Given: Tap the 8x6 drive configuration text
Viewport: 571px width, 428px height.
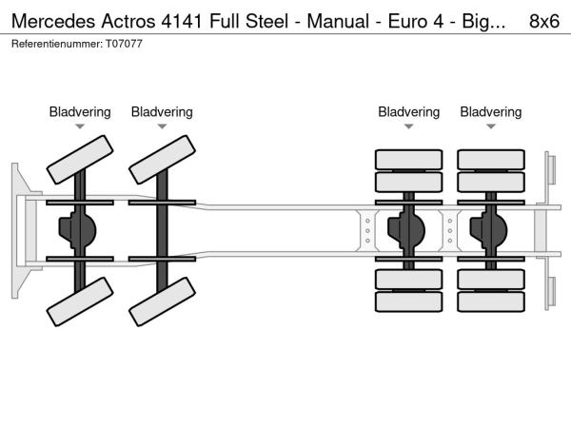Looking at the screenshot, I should pos(543,18).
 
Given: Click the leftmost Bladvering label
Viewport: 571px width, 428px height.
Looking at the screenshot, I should pos(80,112).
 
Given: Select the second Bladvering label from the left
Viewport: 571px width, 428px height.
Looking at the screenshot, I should pos(162,112).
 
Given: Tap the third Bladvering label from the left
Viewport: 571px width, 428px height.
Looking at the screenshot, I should pos(409,112).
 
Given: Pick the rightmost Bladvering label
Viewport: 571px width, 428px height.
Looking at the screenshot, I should pos(491,112).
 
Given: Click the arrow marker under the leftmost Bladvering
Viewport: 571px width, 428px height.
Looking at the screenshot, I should pos(80,126).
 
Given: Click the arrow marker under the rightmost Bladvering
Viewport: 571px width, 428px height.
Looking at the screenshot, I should pos(491,126).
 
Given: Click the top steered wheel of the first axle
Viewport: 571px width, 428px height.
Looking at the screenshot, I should pos(80,159).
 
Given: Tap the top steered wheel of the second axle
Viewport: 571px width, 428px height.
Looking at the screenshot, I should pos(162,159).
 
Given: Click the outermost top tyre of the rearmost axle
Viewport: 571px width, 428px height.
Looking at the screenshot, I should pos(491,159).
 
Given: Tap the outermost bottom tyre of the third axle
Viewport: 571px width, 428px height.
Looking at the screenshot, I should pos(409,302).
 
